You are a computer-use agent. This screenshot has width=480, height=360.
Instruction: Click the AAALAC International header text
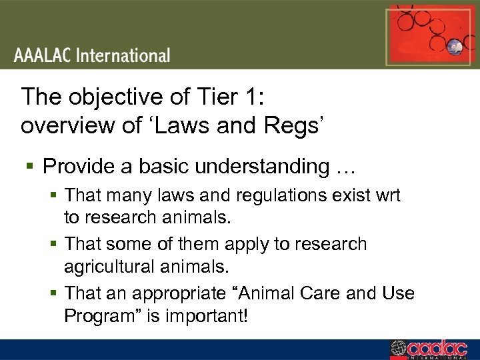pos(93,55)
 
